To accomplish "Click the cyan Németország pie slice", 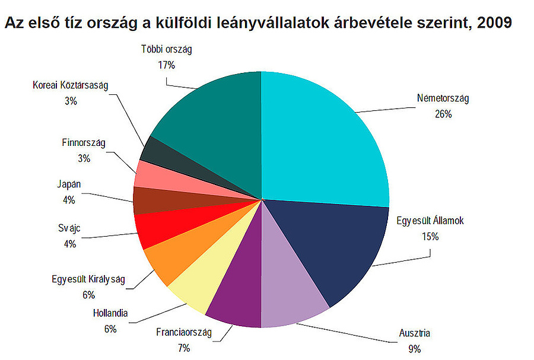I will [320, 136].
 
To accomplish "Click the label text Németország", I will [443, 98].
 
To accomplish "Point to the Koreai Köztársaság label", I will [70, 85].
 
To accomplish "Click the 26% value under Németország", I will [443, 114].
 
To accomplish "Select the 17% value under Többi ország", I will [166, 65].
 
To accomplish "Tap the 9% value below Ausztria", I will [414, 349].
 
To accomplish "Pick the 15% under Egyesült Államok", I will [430, 236].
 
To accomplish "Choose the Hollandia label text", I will [110, 313].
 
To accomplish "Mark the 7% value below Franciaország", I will [183, 347].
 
